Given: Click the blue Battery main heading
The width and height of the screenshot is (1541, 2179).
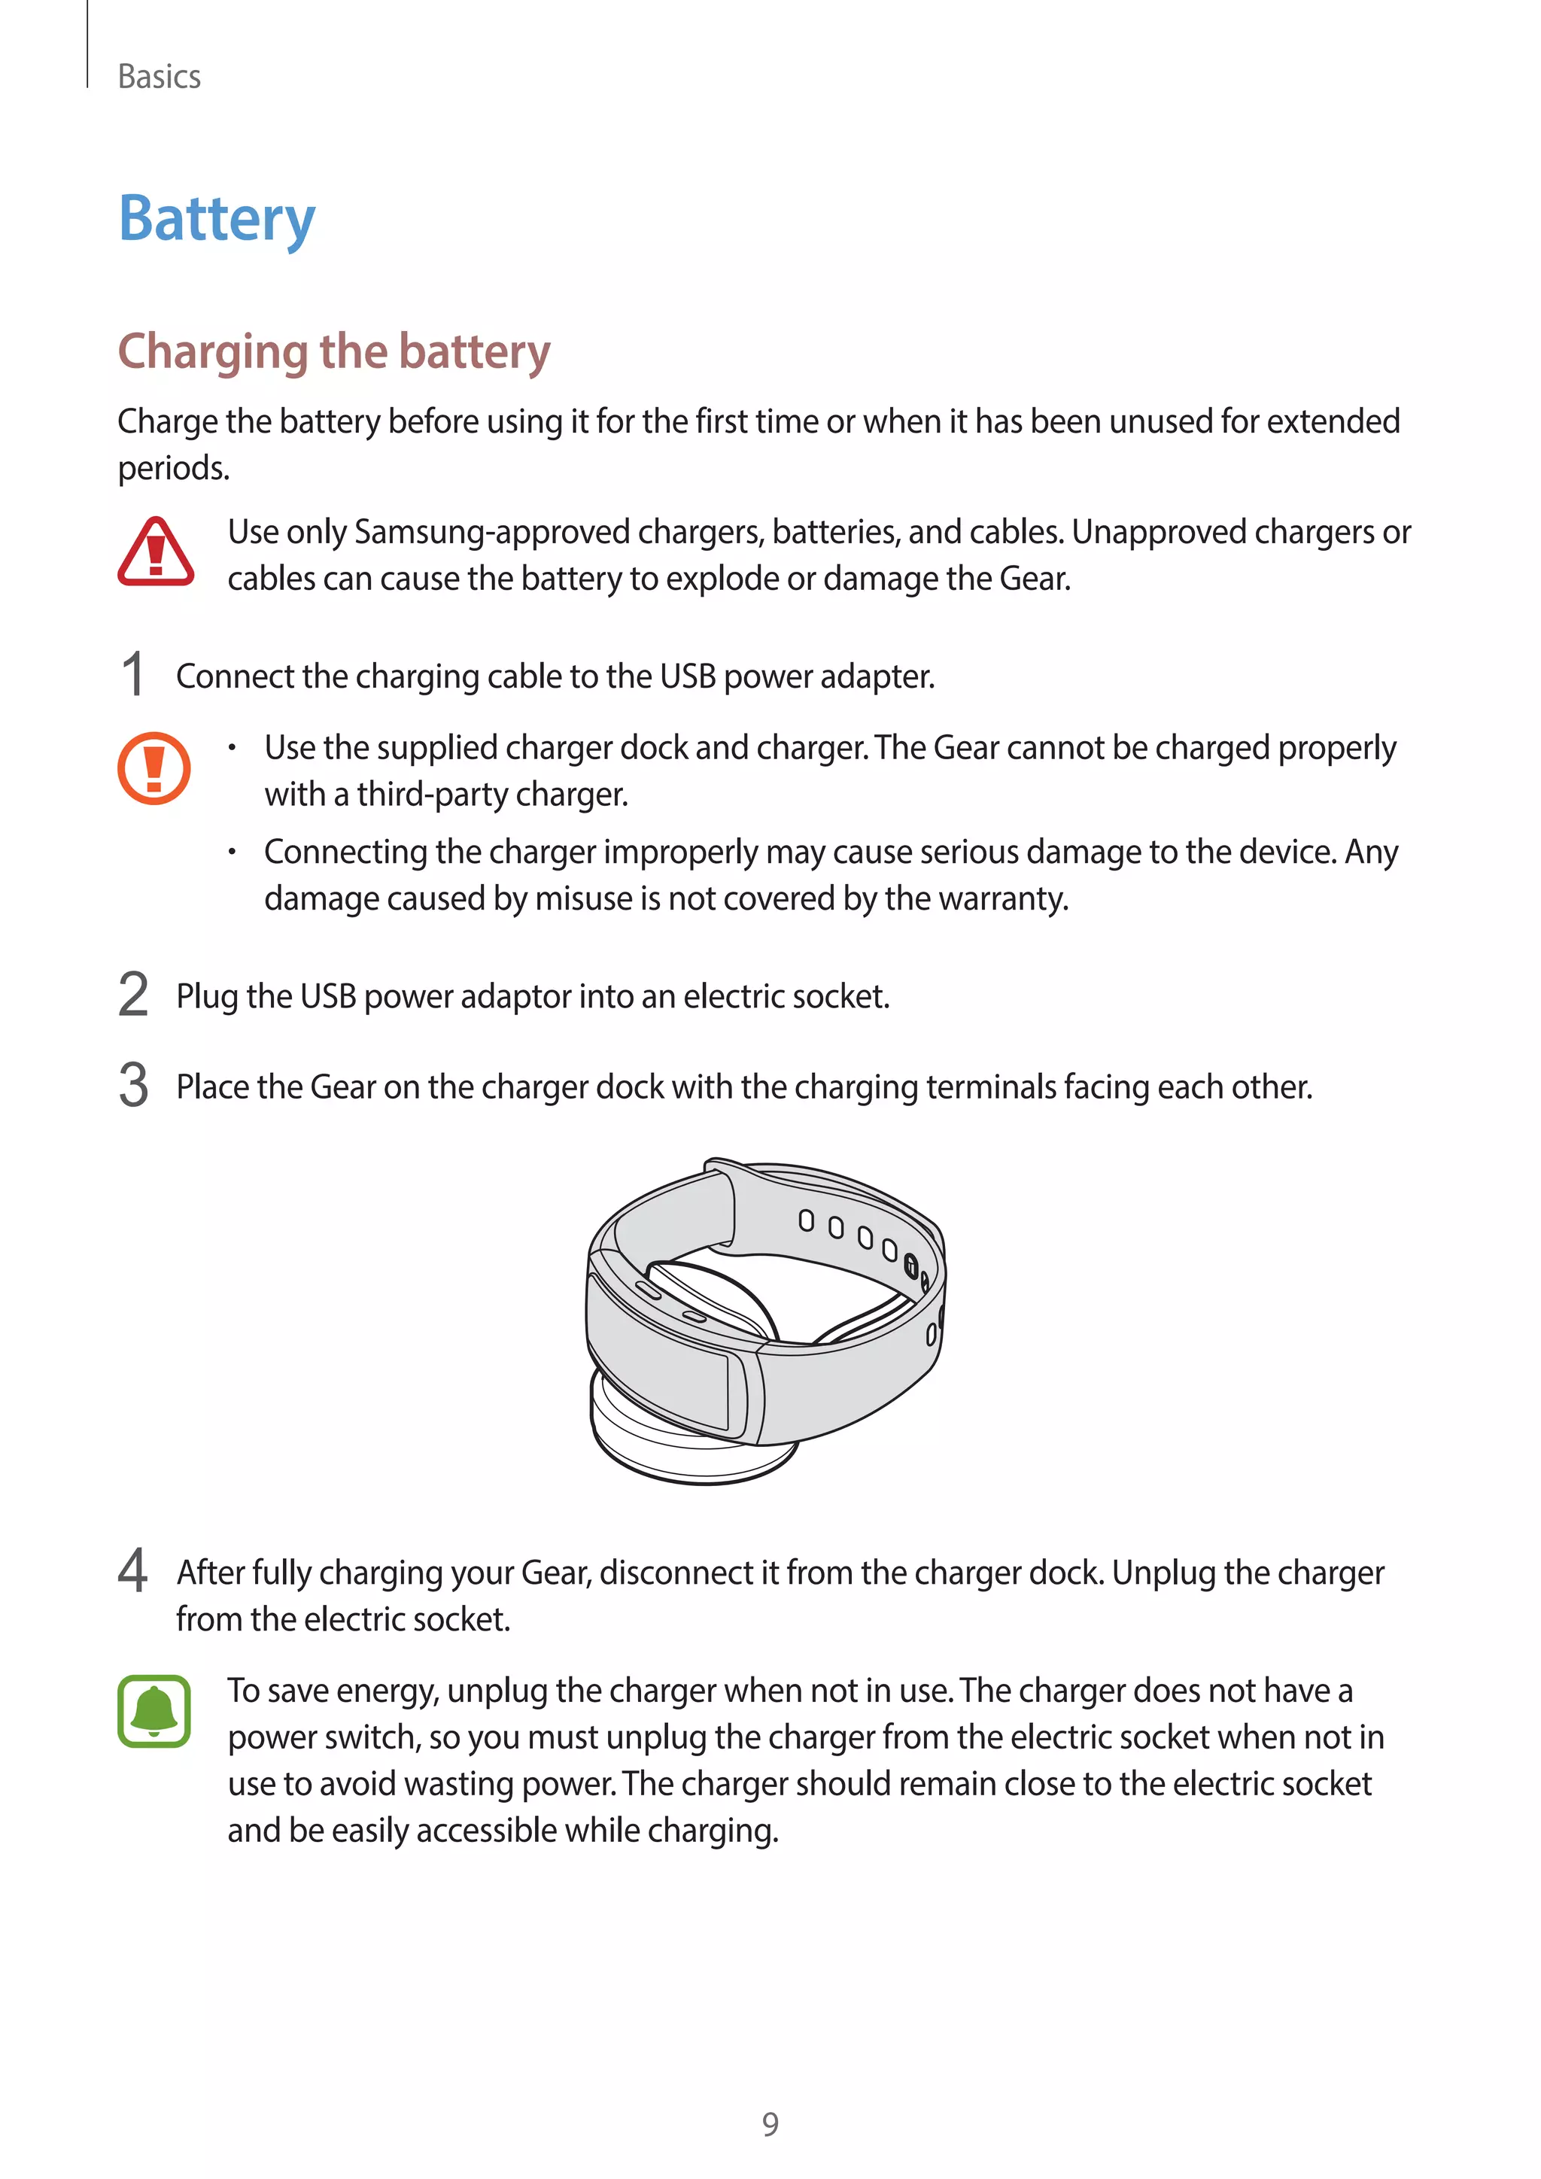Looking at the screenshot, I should click(217, 219).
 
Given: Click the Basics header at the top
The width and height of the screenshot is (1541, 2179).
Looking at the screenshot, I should click(159, 77).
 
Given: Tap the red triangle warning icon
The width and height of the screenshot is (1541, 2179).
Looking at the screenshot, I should click(156, 552).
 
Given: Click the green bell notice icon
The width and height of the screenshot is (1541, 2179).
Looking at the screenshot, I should click(153, 1711).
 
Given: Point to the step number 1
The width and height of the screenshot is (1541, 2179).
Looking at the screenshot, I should click(134, 676).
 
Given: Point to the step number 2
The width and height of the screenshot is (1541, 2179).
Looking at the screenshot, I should click(134, 995).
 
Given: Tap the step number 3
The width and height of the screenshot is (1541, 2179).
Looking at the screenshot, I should click(134, 1086).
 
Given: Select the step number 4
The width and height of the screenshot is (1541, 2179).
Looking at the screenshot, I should click(134, 1570).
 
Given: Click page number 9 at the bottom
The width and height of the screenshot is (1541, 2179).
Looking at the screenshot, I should click(770, 2124).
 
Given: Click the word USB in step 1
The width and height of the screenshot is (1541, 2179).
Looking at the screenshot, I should click(687, 676).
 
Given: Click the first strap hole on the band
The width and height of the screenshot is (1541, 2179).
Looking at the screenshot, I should click(806, 1220).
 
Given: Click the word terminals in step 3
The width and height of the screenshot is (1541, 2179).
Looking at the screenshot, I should click(991, 1086).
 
